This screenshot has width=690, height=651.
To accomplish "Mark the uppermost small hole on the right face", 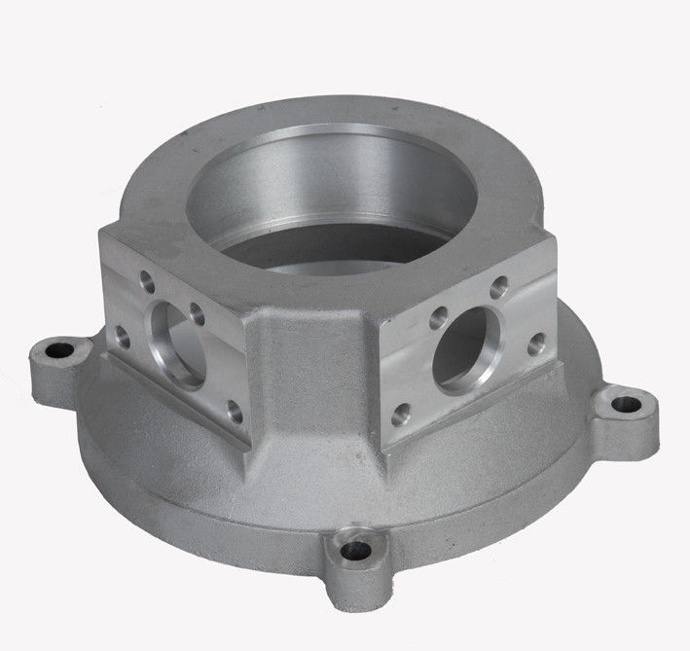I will click(x=498, y=287).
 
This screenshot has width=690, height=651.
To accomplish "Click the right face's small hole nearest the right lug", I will click(x=534, y=344).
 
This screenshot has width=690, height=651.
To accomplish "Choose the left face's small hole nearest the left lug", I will click(x=124, y=336).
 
